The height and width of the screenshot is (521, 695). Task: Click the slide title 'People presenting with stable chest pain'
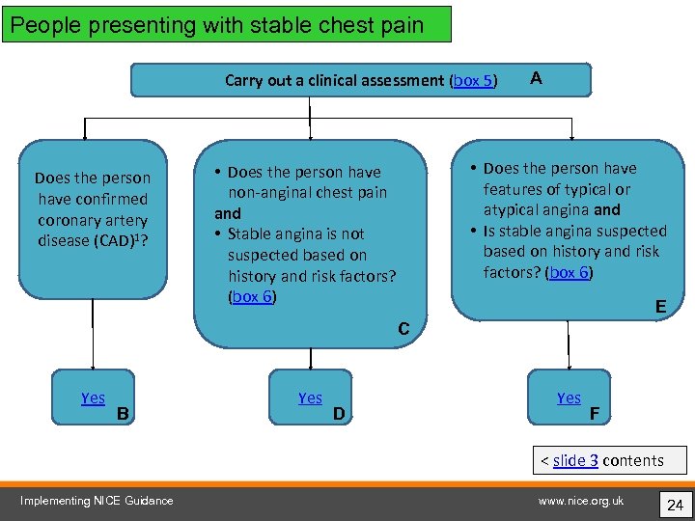tap(217, 25)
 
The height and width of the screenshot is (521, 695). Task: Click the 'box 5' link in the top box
tap(473, 81)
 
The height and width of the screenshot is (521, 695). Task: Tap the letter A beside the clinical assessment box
tap(536, 79)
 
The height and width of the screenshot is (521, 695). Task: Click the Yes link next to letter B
tap(94, 398)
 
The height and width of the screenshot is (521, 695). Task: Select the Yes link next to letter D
tap(310, 398)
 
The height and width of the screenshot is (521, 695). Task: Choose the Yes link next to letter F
tap(569, 398)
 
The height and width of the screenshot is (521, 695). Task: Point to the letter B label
tap(123, 415)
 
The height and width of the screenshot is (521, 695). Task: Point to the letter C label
tap(404, 330)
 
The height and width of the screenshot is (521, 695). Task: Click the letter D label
tap(339, 415)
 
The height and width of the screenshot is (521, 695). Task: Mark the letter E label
tap(660, 307)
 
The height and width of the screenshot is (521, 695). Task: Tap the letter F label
tap(595, 415)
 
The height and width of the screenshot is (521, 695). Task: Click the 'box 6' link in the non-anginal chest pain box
tap(252, 296)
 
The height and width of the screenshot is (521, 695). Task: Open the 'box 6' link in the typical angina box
tap(570, 272)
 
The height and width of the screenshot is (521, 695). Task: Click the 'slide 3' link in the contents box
tap(575, 460)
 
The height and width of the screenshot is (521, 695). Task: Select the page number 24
tap(674, 504)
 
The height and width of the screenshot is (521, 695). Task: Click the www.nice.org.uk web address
tap(581, 500)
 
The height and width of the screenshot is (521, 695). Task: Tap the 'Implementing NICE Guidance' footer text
tap(97, 500)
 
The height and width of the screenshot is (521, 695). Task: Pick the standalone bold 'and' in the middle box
tap(228, 213)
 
